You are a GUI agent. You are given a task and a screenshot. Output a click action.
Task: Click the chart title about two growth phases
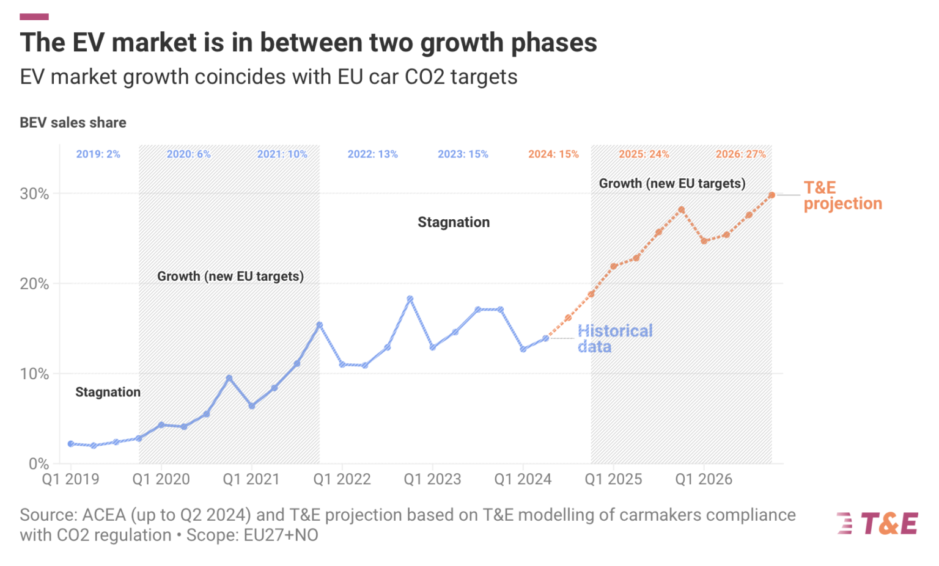308,43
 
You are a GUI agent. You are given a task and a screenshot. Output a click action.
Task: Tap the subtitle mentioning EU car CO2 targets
268,77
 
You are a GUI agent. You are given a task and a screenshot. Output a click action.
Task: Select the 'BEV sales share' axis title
73,123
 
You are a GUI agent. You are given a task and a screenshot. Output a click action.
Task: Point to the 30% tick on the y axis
34,194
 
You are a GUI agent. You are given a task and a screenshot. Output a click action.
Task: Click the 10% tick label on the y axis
34,374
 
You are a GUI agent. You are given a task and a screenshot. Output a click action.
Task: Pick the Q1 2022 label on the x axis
342,479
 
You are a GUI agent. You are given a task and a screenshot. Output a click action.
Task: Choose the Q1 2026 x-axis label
703,479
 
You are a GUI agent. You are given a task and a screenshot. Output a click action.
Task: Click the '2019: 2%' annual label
98,154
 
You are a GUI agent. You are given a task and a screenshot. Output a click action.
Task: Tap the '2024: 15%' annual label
553,154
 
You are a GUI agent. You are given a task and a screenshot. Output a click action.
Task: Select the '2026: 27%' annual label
740,154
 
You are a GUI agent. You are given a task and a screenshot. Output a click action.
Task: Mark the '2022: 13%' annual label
372,154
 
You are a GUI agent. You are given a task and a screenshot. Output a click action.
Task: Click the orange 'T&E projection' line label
842,195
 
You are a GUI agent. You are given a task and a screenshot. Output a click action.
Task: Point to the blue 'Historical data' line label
614,338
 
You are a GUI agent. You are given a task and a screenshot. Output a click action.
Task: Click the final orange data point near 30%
771,195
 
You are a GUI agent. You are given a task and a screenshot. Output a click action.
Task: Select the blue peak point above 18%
410,299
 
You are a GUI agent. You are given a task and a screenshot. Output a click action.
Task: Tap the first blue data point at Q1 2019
71,444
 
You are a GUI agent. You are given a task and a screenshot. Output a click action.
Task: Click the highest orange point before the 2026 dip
681,209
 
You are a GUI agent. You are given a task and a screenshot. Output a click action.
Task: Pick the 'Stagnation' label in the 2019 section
108,392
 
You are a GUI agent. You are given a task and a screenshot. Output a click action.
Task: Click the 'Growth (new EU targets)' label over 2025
672,183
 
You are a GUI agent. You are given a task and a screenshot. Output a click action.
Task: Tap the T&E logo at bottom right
877,523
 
